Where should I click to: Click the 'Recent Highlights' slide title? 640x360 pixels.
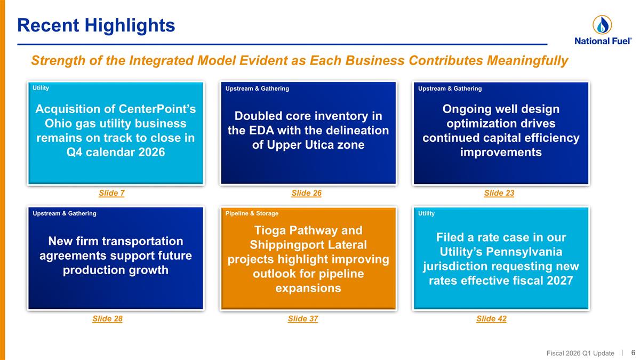(x=96, y=25)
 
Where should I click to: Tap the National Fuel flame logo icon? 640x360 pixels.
(x=602, y=25)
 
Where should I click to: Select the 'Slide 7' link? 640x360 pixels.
(x=111, y=193)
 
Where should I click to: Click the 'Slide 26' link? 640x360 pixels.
(x=306, y=193)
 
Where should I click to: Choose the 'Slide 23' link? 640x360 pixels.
(x=499, y=193)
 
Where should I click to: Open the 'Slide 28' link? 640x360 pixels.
(x=107, y=319)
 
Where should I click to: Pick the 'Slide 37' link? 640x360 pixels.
(x=302, y=319)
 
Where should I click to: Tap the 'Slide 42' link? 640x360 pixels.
(x=491, y=319)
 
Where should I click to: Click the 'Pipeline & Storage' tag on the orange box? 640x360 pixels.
(x=252, y=213)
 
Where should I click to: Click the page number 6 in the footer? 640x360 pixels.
(x=633, y=353)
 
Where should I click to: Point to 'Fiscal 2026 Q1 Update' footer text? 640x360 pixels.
(x=580, y=353)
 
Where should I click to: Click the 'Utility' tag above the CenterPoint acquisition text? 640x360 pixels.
(x=41, y=88)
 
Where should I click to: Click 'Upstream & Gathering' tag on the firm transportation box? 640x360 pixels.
(x=65, y=213)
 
